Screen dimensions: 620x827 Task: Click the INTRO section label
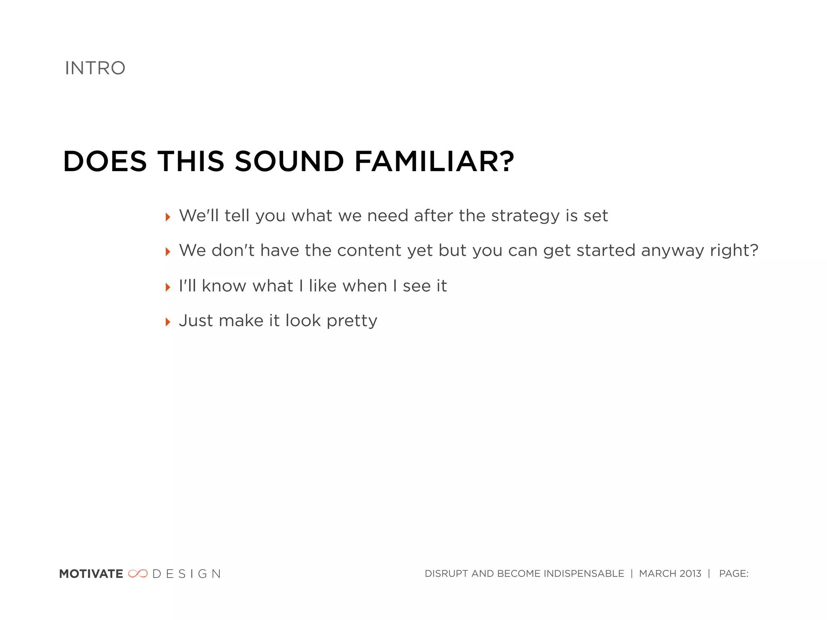tap(95, 68)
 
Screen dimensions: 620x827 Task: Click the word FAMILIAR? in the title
tap(434, 161)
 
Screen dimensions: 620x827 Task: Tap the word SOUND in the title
tap(289, 161)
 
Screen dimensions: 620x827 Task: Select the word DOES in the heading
tap(105, 161)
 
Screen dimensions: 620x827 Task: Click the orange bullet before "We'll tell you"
tap(168, 217)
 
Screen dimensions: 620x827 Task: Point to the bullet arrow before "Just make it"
tap(168, 322)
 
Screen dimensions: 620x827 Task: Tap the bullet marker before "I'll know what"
tap(168, 287)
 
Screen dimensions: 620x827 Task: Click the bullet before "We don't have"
tap(168, 252)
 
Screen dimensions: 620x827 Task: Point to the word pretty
tap(352, 321)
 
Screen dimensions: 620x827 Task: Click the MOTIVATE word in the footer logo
tap(91, 574)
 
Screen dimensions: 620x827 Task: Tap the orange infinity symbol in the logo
tap(138, 574)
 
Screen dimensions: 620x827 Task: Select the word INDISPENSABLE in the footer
tap(584, 574)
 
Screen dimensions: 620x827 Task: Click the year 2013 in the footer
tap(690, 574)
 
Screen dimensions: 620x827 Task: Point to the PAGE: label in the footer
tap(733, 574)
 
